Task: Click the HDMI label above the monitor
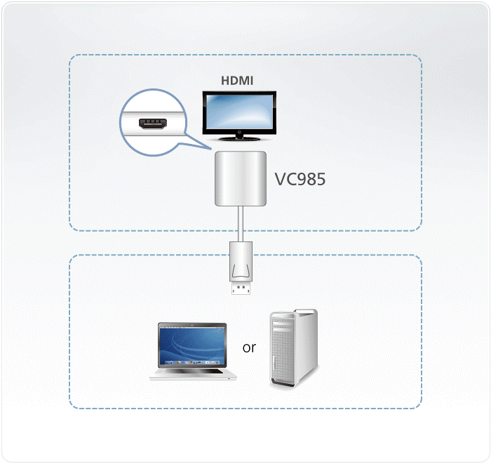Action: click(x=237, y=81)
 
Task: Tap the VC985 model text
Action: click(x=300, y=179)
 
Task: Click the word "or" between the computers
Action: click(x=249, y=347)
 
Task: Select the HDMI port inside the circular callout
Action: click(x=152, y=124)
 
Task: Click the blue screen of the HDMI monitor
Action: click(x=240, y=111)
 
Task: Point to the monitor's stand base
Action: click(x=240, y=138)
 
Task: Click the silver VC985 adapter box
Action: click(x=241, y=178)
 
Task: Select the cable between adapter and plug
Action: click(x=241, y=224)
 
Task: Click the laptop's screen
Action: click(x=192, y=345)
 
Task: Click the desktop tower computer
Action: click(x=294, y=347)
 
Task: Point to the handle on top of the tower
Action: click(x=305, y=312)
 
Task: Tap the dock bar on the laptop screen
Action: click(x=192, y=362)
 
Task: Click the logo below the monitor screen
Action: click(x=240, y=132)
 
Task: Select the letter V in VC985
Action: click(x=281, y=179)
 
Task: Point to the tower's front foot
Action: click(x=283, y=383)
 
